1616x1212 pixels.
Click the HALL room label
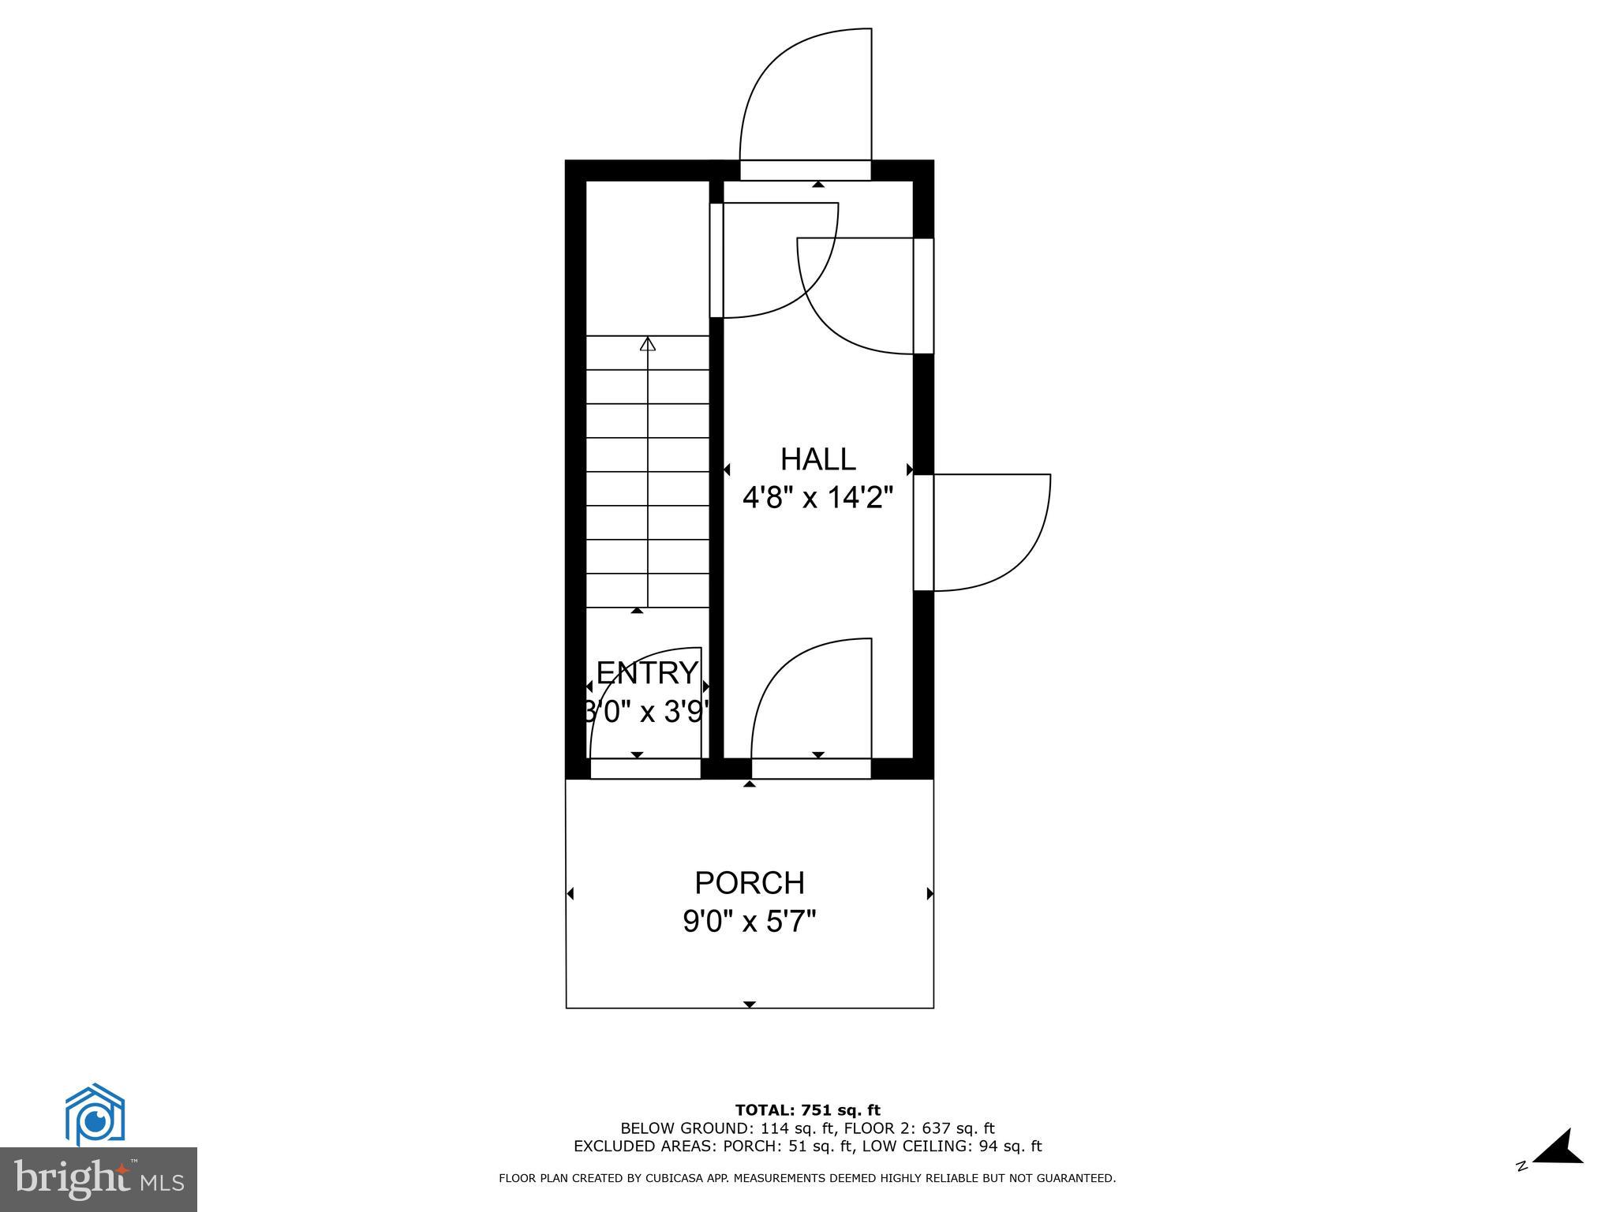[817, 459]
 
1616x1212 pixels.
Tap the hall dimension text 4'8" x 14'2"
[817, 498]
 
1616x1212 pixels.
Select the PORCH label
[749, 883]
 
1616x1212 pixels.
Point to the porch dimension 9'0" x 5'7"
[749, 921]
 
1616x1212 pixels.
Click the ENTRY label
[647, 673]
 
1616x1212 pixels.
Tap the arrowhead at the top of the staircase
[648, 344]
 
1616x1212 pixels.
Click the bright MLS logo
[98, 1179]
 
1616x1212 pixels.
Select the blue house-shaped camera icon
[95, 1114]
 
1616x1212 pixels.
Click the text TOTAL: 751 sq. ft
[807, 1110]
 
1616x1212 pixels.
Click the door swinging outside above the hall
[805, 95]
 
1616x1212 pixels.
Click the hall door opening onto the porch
[810, 698]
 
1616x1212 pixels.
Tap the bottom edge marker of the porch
[749, 1004]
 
